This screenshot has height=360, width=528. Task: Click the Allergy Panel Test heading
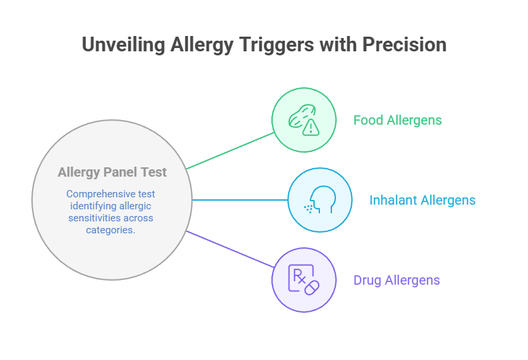pyautogui.click(x=112, y=172)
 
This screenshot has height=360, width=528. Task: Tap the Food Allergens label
pyautogui.click(x=397, y=120)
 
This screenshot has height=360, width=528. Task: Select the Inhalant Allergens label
pyautogui.click(x=422, y=200)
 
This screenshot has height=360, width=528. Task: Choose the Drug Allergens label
pyautogui.click(x=397, y=280)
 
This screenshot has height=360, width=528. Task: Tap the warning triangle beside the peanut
pyautogui.click(x=311, y=127)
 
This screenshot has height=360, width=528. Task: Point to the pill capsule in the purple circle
pyautogui.click(x=311, y=286)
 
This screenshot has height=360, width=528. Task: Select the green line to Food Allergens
pyautogui.click(x=230, y=150)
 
